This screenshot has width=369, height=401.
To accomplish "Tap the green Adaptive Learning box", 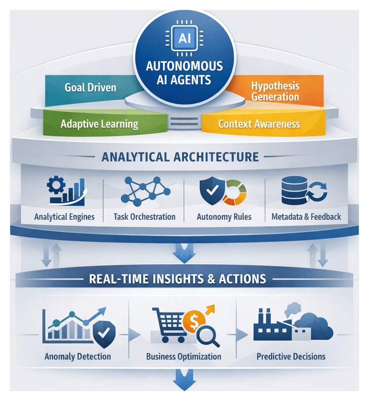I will click(x=99, y=123).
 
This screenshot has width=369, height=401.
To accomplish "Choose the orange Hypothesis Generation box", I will click(x=274, y=90).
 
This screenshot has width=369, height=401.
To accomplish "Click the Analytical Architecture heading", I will click(x=180, y=157).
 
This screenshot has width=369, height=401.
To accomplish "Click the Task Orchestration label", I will click(x=144, y=216).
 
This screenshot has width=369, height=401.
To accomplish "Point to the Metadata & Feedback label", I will click(x=306, y=216).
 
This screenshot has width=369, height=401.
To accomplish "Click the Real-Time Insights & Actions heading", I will click(x=178, y=279).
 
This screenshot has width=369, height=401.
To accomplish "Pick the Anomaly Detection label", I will click(x=77, y=356).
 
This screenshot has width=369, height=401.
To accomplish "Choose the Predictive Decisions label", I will click(x=291, y=356).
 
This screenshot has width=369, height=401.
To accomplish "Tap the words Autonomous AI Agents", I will click(x=184, y=73).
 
